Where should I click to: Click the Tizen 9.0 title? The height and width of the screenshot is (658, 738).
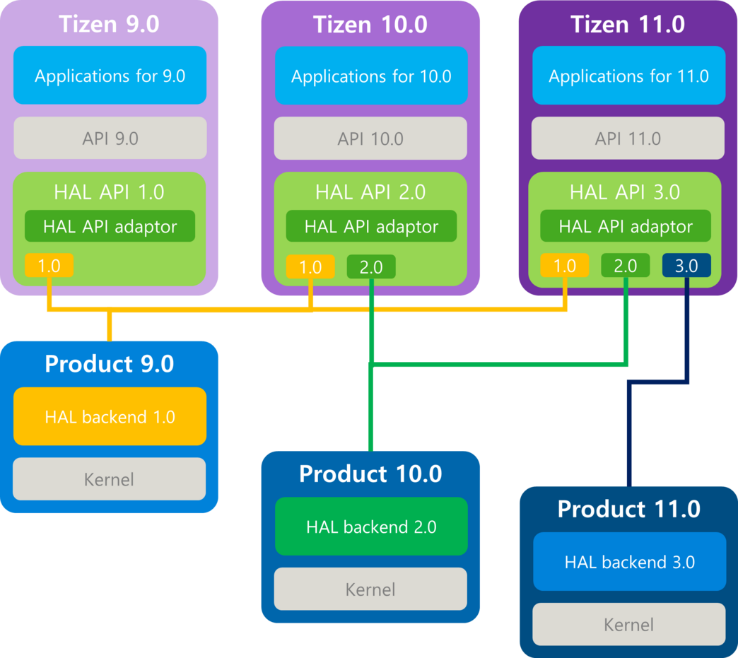[110, 24]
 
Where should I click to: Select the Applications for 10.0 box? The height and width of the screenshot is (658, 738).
[371, 76]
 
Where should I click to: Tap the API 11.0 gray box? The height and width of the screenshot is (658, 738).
[628, 139]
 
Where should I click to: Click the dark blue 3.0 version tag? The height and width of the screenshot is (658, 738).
[686, 266]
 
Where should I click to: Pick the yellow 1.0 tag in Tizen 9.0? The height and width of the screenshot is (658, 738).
[49, 266]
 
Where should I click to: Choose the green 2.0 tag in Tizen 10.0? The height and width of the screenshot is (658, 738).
[371, 266]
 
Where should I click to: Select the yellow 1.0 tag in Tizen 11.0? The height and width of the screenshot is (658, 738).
[564, 266]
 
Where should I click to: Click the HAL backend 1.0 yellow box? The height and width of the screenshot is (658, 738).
[110, 416]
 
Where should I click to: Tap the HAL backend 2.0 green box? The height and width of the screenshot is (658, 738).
[371, 527]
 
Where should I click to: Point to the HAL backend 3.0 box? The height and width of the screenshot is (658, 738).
[629, 562]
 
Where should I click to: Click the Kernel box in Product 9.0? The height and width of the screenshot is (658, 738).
[110, 479]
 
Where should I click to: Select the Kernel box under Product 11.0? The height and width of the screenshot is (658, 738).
[628, 624]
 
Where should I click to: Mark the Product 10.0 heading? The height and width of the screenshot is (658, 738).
[370, 474]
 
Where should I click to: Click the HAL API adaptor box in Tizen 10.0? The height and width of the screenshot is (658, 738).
[371, 226]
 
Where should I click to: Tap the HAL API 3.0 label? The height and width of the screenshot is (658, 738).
[625, 192]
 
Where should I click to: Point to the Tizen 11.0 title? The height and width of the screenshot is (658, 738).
[628, 24]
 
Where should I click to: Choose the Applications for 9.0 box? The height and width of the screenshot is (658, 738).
[110, 76]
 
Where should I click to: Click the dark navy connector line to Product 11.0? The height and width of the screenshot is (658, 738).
[628, 438]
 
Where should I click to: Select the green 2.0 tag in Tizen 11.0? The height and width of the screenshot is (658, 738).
[625, 266]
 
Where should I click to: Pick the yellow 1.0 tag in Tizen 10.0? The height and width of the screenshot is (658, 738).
[310, 266]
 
